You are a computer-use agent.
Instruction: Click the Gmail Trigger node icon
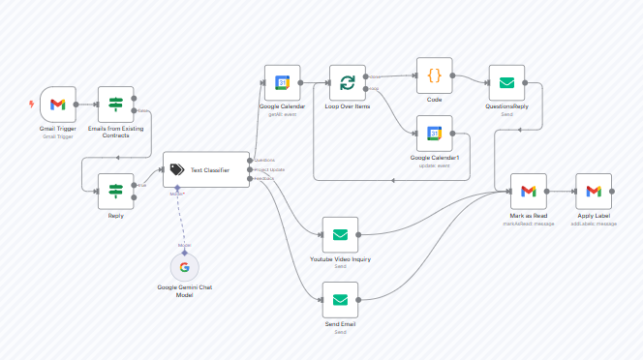coord(57,105)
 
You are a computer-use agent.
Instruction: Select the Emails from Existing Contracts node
coord(115,105)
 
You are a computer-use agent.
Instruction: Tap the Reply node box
coord(115,191)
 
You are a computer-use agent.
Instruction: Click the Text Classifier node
coord(205,170)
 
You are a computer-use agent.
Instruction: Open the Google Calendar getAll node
coord(283,82)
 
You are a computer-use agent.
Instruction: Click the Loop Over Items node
coord(347,82)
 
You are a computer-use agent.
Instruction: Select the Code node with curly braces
coord(434,75)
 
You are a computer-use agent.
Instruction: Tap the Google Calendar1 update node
coord(434,134)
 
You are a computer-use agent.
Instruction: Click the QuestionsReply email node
coord(505,82)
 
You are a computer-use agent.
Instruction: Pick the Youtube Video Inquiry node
coord(340,234)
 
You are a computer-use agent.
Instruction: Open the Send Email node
coord(340,300)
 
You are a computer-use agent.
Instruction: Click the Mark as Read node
coord(528,191)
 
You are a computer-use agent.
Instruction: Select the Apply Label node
coord(593,191)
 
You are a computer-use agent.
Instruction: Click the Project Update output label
coord(267,170)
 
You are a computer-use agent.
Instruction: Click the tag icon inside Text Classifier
coord(176,170)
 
